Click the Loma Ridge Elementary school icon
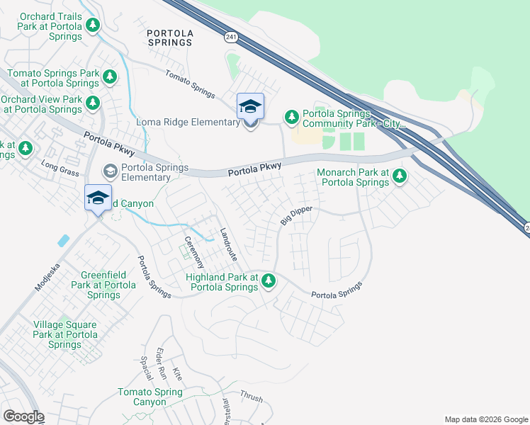[x=250, y=106]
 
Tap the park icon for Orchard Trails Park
[x=93, y=25]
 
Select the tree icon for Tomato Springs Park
[x=109, y=76]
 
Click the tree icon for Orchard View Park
[x=93, y=103]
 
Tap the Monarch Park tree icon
[x=400, y=175]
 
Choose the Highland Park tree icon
[x=268, y=280]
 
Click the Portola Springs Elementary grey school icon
[x=110, y=171]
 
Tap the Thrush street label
[x=251, y=397]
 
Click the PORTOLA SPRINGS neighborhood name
[x=169, y=38]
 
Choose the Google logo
[x=23, y=416]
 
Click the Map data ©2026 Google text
[x=485, y=419]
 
